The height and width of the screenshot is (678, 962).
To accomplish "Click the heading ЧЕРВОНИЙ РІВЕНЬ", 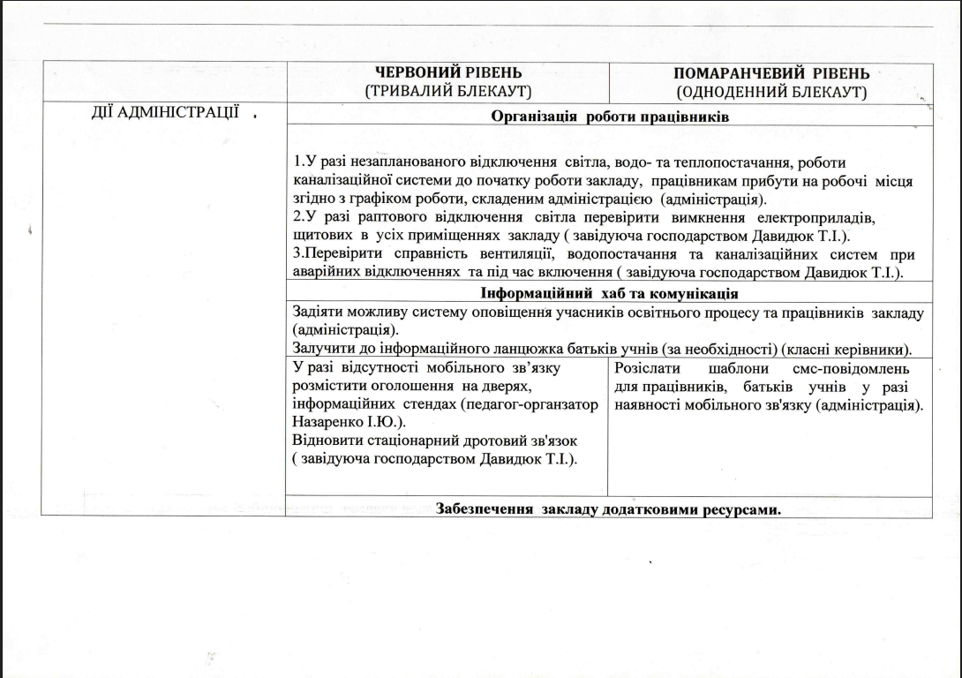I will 448,72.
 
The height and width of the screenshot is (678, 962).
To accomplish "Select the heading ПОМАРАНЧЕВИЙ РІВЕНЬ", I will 771,74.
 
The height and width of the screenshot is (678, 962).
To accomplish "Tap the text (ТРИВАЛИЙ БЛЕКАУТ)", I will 448,91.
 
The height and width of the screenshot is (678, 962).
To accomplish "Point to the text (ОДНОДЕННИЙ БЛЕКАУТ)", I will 771,92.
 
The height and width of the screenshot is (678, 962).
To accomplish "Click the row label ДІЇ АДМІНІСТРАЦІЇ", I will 167,113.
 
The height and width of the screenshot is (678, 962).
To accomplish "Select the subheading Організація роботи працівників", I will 609,117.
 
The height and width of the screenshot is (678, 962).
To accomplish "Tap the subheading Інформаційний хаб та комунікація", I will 609,293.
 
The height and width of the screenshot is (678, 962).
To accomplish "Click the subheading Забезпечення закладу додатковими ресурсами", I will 609,509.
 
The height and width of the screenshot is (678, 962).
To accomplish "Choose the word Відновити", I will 325,441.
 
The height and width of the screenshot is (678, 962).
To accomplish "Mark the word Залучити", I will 323,348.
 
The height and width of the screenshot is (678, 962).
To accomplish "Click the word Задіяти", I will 319,313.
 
